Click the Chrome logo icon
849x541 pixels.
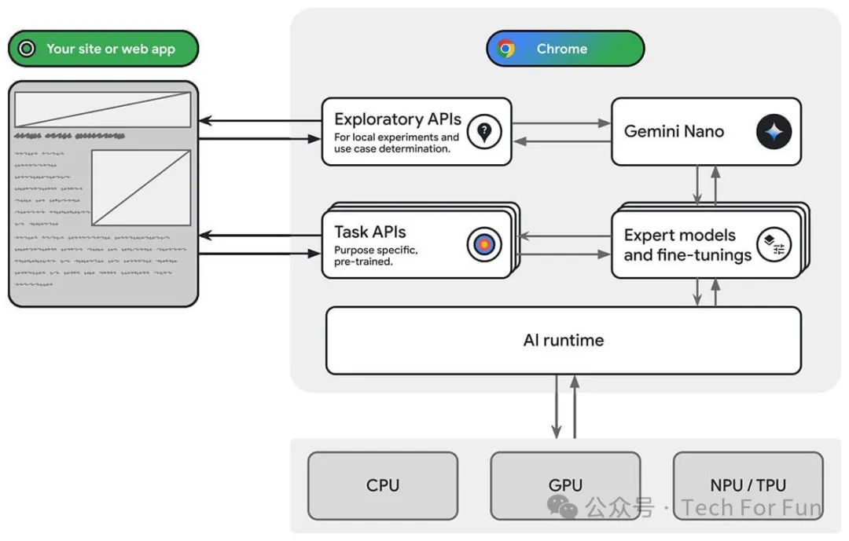(506, 49)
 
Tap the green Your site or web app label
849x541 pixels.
(103, 49)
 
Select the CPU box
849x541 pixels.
(383, 485)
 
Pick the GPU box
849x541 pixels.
(565, 485)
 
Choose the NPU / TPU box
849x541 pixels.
(748, 485)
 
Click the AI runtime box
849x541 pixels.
(563, 340)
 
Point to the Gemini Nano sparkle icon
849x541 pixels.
(774, 132)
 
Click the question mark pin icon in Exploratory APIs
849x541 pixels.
(484, 132)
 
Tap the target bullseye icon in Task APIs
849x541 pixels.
(484, 245)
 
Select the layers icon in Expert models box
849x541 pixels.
(774, 245)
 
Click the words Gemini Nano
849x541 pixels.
(674, 132)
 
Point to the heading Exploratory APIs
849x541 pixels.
(397, 119)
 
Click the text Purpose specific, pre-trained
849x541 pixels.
(376, 256)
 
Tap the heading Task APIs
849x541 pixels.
(370, 232)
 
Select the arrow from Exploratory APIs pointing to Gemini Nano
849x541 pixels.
(560, 123)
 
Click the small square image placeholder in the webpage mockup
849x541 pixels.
(141, 188)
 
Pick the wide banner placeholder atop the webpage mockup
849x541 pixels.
(103, 109)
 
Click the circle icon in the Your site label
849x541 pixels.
(27, 49)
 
